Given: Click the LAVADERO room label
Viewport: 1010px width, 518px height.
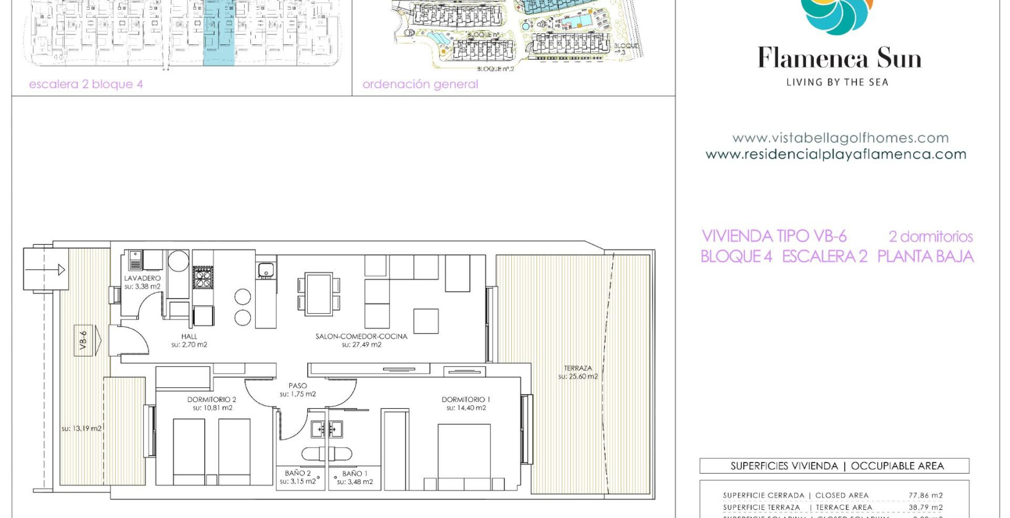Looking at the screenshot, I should [x=142, y=278].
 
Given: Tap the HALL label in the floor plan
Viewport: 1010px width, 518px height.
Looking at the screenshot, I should [x=189, y=337].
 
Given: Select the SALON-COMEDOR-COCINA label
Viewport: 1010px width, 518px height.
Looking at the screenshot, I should [x=361, y=337].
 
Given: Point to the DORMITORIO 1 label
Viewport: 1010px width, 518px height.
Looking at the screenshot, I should [x=466, y=400].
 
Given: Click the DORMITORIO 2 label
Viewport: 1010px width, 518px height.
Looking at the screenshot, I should [x=212, y=400].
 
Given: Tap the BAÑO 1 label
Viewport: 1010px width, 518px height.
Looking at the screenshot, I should [x=355, y=474].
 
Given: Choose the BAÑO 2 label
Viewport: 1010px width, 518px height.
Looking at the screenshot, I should [x=298, y=473].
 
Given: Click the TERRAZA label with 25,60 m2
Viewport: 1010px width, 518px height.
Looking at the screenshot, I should [x=578, y=368].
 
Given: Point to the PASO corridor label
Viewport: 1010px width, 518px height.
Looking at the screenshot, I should [x=298, y=386].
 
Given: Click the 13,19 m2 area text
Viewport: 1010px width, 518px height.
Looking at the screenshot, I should [x=81, y=428].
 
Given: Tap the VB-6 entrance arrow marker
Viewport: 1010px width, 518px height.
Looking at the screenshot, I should [x=89, y=340].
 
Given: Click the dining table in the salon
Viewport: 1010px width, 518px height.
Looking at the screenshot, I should [x=319, y=294].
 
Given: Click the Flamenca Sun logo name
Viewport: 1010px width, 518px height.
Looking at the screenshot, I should [x=839, y=59].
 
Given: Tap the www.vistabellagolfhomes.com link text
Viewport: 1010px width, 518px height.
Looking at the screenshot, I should [x=840, y=138].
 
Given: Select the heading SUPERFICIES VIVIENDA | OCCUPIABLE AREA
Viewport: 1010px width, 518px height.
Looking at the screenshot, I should [x=837, y=466].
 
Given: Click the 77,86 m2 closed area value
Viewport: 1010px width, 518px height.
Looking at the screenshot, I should [x=926, y=495].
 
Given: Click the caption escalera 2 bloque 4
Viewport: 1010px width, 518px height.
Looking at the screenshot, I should [x=86, y=84].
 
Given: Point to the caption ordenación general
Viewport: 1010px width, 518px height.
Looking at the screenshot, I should [x=420, y=84].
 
